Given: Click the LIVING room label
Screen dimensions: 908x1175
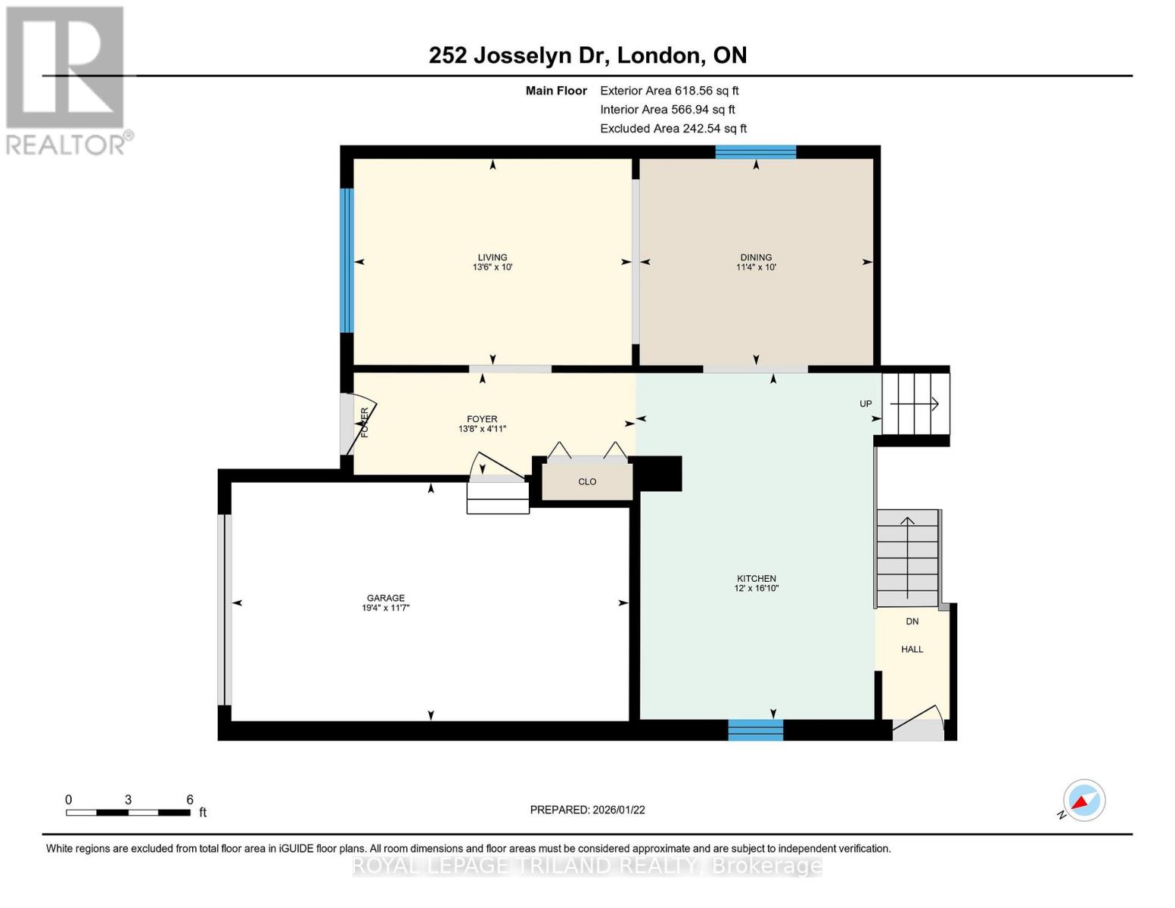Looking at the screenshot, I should (492, 257).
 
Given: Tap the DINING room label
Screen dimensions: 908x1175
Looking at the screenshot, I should (756, 257).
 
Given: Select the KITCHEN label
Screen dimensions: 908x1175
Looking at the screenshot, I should (756, 578).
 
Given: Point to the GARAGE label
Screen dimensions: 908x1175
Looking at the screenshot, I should (386, 598).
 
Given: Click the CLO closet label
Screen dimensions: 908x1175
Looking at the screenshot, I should (587, 482).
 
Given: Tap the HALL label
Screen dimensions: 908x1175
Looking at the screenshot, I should (912, 649).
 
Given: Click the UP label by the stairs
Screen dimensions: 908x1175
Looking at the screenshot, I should (866, 403).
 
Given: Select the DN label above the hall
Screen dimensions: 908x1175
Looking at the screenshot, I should (912, 621).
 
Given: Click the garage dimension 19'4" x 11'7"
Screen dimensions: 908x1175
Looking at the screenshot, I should (386, 608).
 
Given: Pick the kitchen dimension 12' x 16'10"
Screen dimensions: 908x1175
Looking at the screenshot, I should (756, 588).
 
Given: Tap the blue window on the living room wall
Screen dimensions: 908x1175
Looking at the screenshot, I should (347, 260).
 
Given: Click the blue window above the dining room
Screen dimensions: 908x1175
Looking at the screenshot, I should (756, 152).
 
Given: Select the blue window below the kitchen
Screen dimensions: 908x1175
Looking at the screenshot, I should (755, 729).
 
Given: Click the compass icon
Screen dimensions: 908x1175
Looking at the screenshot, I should (1083, 801).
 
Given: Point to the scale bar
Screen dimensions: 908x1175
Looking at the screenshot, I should (128, 813).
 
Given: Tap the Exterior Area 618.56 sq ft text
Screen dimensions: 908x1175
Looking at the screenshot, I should (669, 91).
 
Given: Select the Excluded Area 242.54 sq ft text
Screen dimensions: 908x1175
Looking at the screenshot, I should (673, 129).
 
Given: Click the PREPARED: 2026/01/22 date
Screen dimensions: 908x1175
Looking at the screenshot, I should (587, 810).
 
